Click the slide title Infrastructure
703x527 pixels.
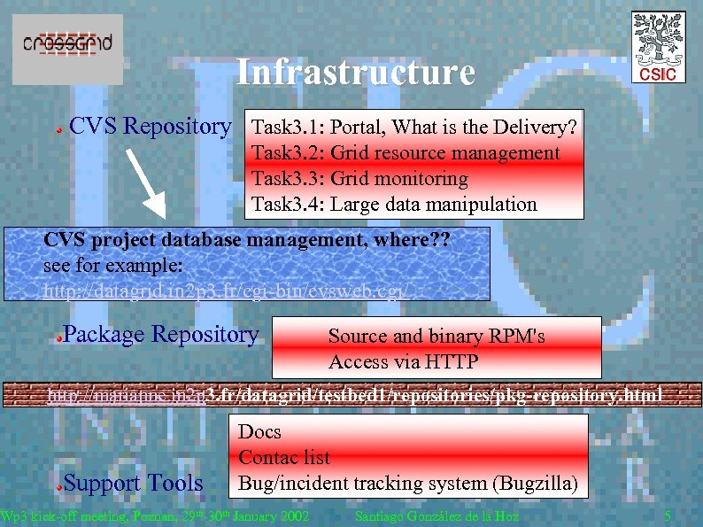[x=355, y=73]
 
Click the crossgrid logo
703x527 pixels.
[x=67, y=43]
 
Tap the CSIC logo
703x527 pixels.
[x=657, y=50]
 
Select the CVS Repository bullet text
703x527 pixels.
[x=149, y=127]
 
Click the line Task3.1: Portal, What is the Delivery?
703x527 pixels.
[x=414, y=128]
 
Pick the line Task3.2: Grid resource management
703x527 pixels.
[x=406, y=153]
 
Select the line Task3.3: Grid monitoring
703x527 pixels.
[x=359, y=179]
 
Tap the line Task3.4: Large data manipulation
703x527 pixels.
[x=394, y=205]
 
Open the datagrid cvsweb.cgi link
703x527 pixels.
[x=227, y=291]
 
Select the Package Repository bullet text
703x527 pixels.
[x=161, y=335]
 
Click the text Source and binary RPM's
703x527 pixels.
[x=436, y=337]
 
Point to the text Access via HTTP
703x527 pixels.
[x=403, y=361]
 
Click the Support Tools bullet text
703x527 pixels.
[x=133, y=484]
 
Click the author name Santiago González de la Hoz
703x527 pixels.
[x=436, y=516]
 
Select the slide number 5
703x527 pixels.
[x=668, y=516]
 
